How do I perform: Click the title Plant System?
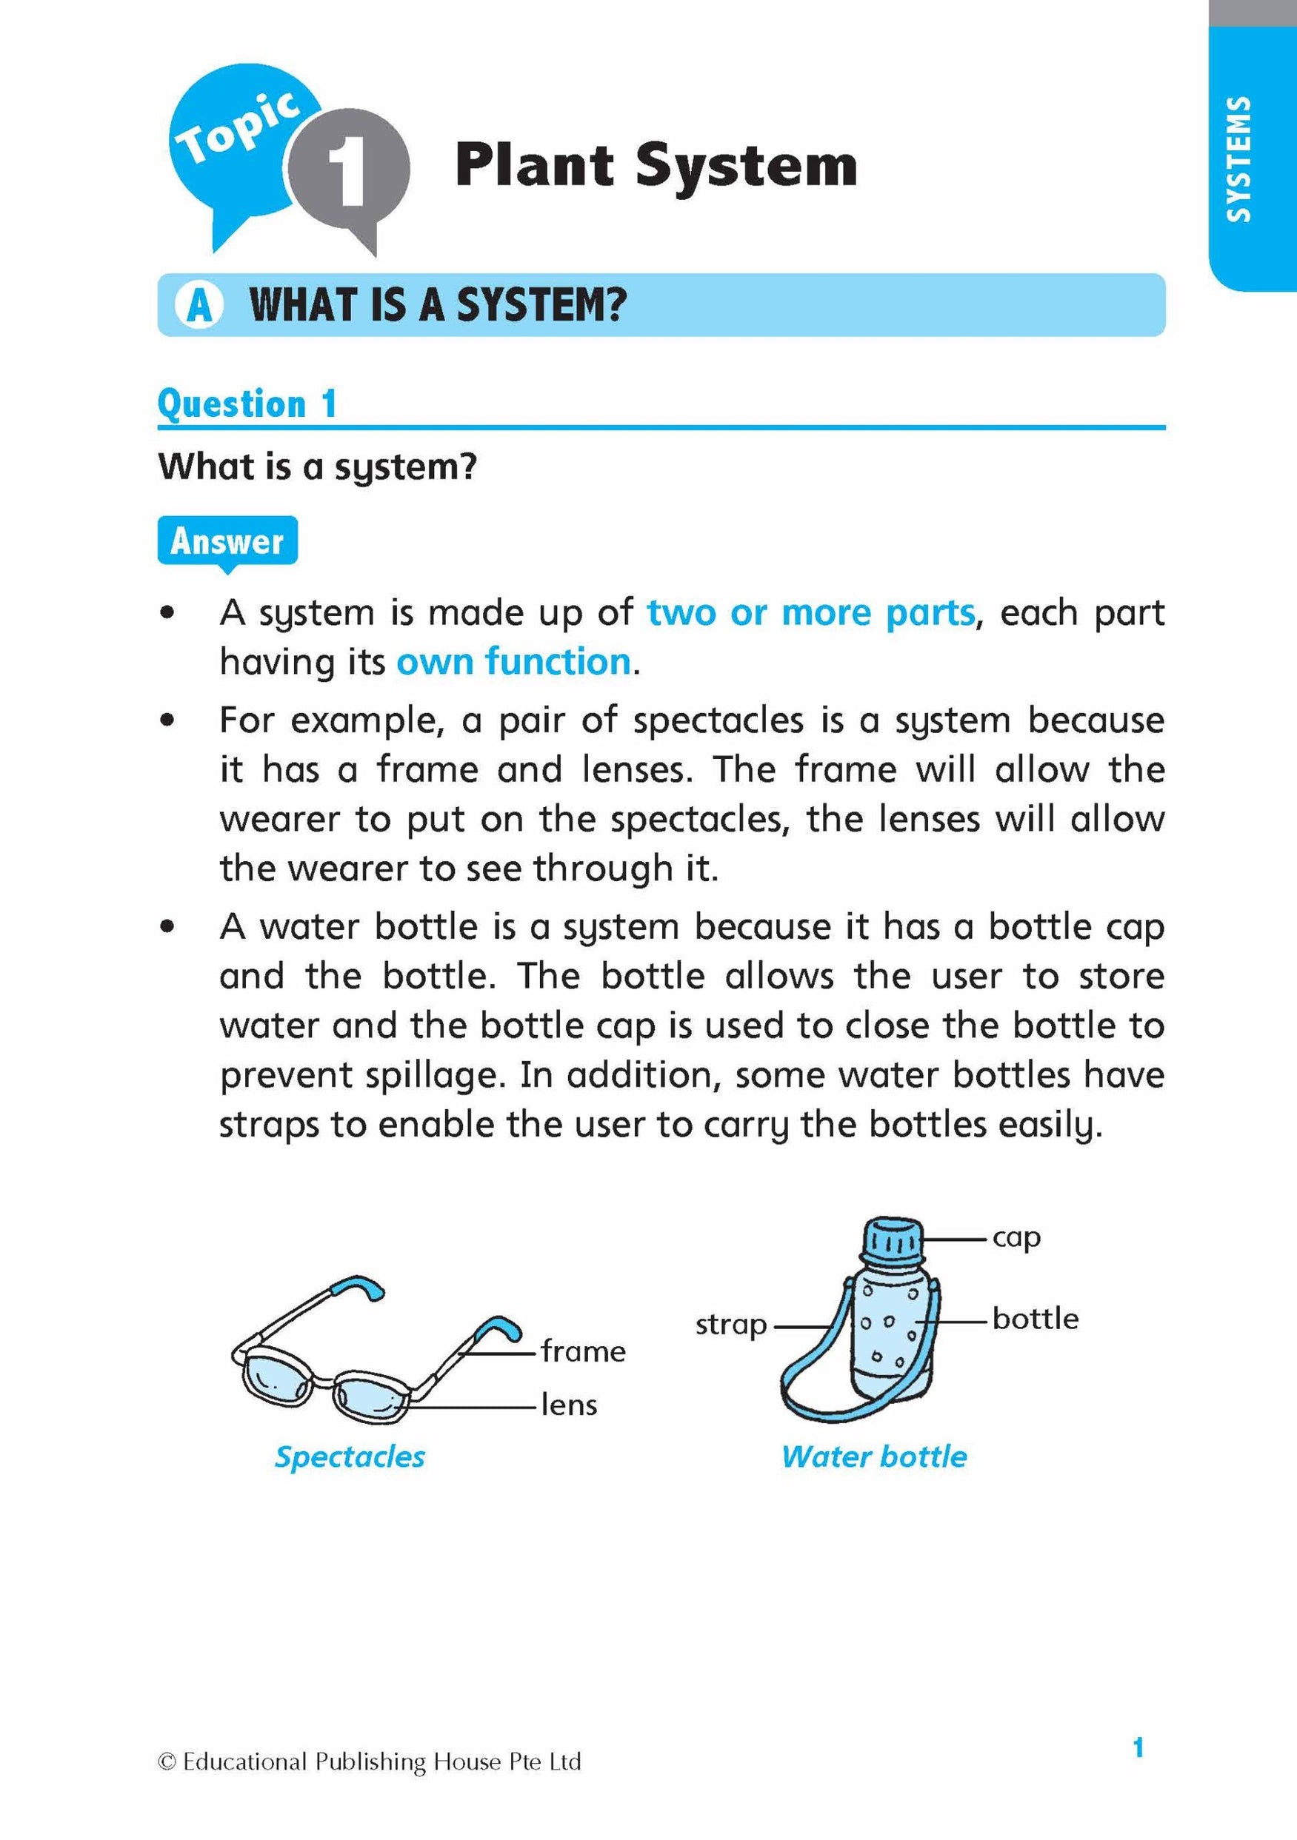coord(656,166)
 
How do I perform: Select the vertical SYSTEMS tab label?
coord(1238,159)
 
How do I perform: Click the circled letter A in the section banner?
coord(199,305)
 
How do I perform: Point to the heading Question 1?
coord(247,404)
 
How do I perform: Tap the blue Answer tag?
coord(227,542)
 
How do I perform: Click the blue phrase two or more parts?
coord(810,613)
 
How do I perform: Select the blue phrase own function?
coord(514,663)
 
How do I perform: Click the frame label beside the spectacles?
coord(583,1352)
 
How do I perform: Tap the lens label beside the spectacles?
coord(569,1405)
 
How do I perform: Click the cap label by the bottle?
coord(1016,1237)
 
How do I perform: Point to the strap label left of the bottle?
coord(730,1325)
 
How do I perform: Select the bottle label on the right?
coord(1035,1318)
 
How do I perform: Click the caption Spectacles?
coord(350,1457)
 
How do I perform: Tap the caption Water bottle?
coord(874,1457)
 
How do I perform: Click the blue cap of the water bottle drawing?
coord(892,1243)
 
